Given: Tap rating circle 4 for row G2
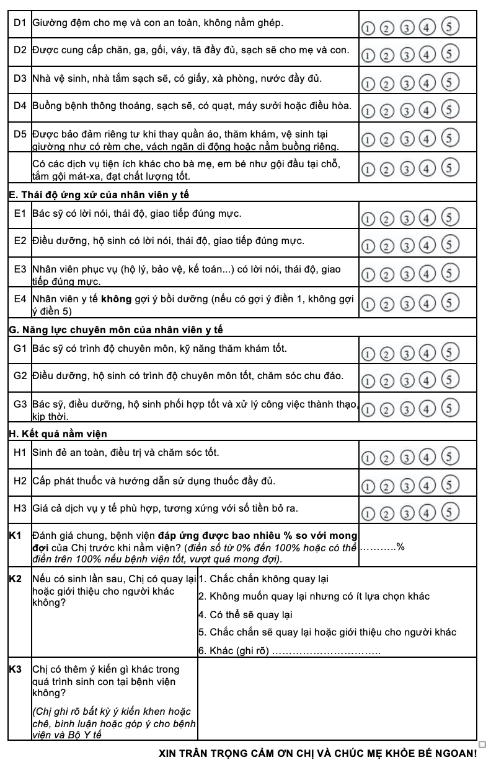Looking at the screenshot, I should pos(428,378).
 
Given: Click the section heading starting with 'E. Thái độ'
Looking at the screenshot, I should pos(99,194).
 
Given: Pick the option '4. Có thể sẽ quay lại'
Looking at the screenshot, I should pos(245,615).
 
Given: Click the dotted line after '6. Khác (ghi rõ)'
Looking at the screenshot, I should pos(327,652).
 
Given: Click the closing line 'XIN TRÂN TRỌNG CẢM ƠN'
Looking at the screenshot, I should pos(318,754).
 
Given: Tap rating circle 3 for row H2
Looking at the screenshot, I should pos(407,484).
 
